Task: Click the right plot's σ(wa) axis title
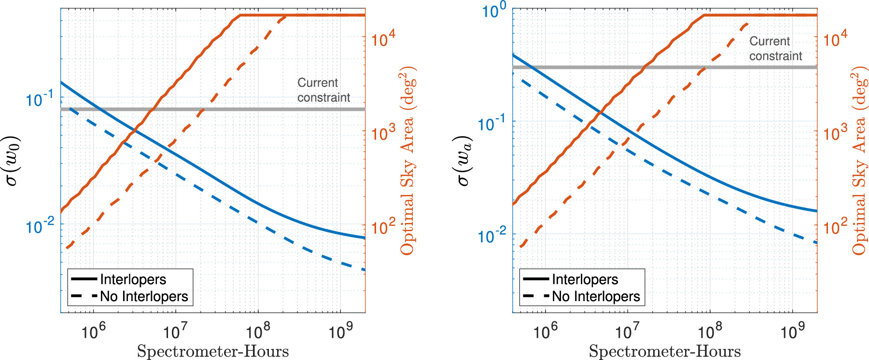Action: coord(464,161)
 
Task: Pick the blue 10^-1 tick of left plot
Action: coord(40,98)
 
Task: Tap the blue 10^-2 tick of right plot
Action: coord(491,235)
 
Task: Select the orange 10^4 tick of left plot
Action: coord(383,38)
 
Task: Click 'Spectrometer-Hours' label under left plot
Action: coord(213,351)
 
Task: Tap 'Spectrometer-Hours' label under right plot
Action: coord(665,351)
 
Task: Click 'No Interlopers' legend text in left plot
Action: coord(144,296)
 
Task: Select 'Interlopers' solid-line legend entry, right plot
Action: coord(585,279)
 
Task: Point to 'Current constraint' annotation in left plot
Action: coord(323,90)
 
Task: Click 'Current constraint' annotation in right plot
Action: coord(775,49)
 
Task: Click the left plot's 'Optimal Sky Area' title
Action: coord(408,161)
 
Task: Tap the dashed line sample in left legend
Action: coord(84,296)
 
